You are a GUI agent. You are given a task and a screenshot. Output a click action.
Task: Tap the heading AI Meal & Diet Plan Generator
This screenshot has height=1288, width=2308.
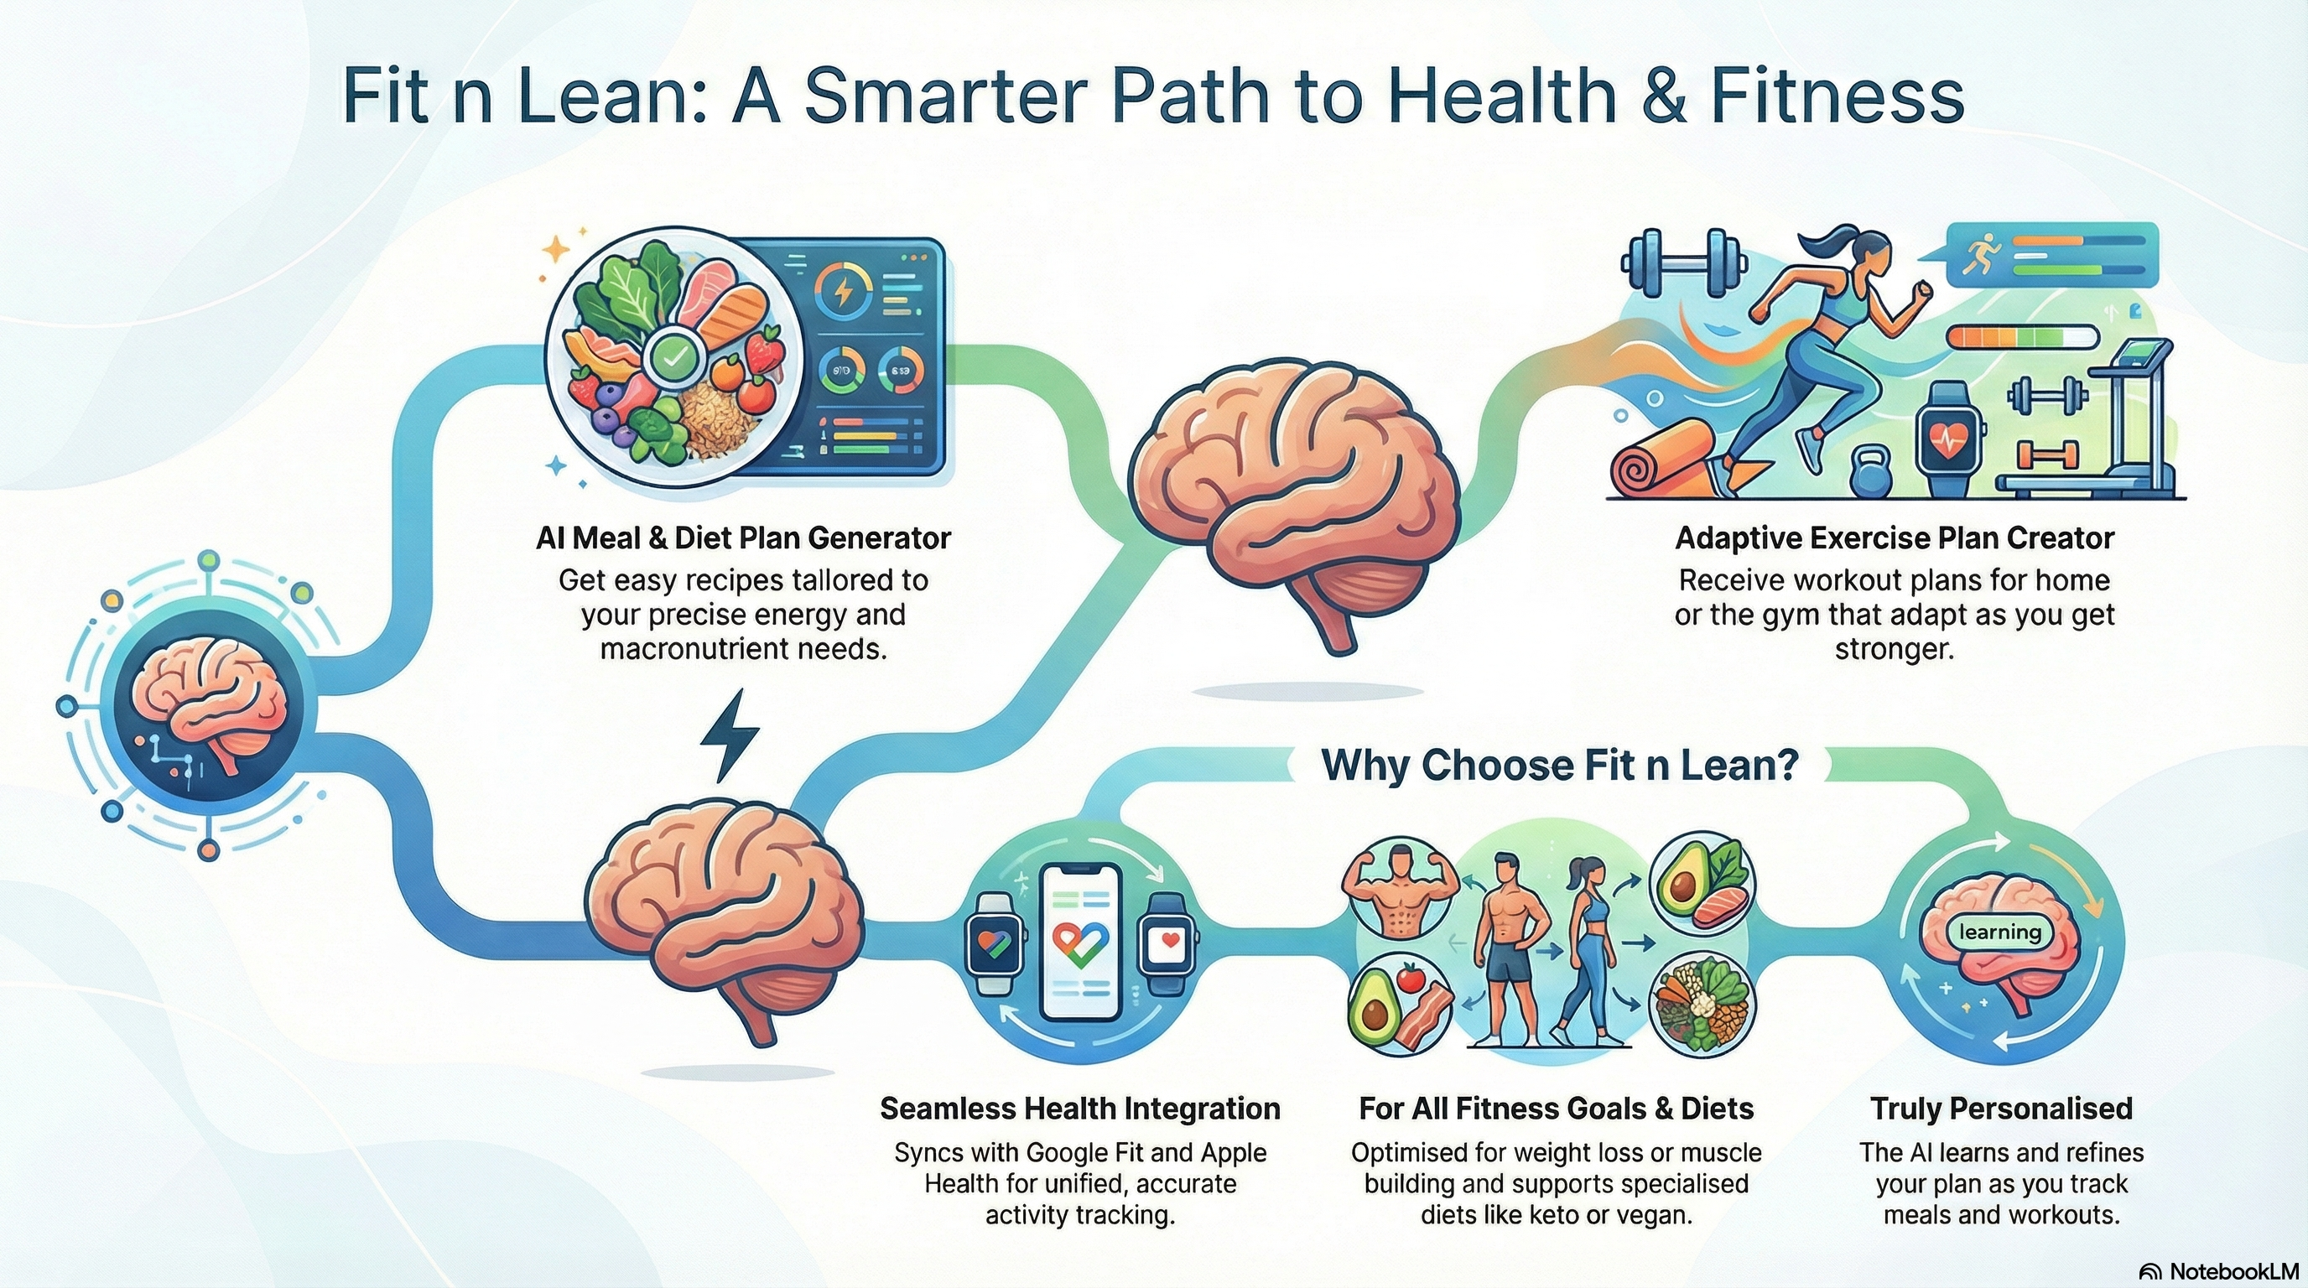pyautogui.click(x=743, y=538)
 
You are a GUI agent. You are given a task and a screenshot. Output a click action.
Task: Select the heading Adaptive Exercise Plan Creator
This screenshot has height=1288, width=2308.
pyautogui.click(x=1894, y=538)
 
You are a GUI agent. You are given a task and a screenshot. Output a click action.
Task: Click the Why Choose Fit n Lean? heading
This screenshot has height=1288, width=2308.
pyautogui.click(x=1560, y=765)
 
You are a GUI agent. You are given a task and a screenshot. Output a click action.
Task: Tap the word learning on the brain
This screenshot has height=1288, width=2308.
pyautogui.click(x=1999, y=932)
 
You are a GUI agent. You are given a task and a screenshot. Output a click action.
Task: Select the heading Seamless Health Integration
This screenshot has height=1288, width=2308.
pyautogui.click(x=1079, y=1109)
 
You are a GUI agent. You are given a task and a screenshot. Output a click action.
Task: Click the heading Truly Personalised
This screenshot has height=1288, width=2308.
pyautogui.click(x=2001, y=1109)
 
